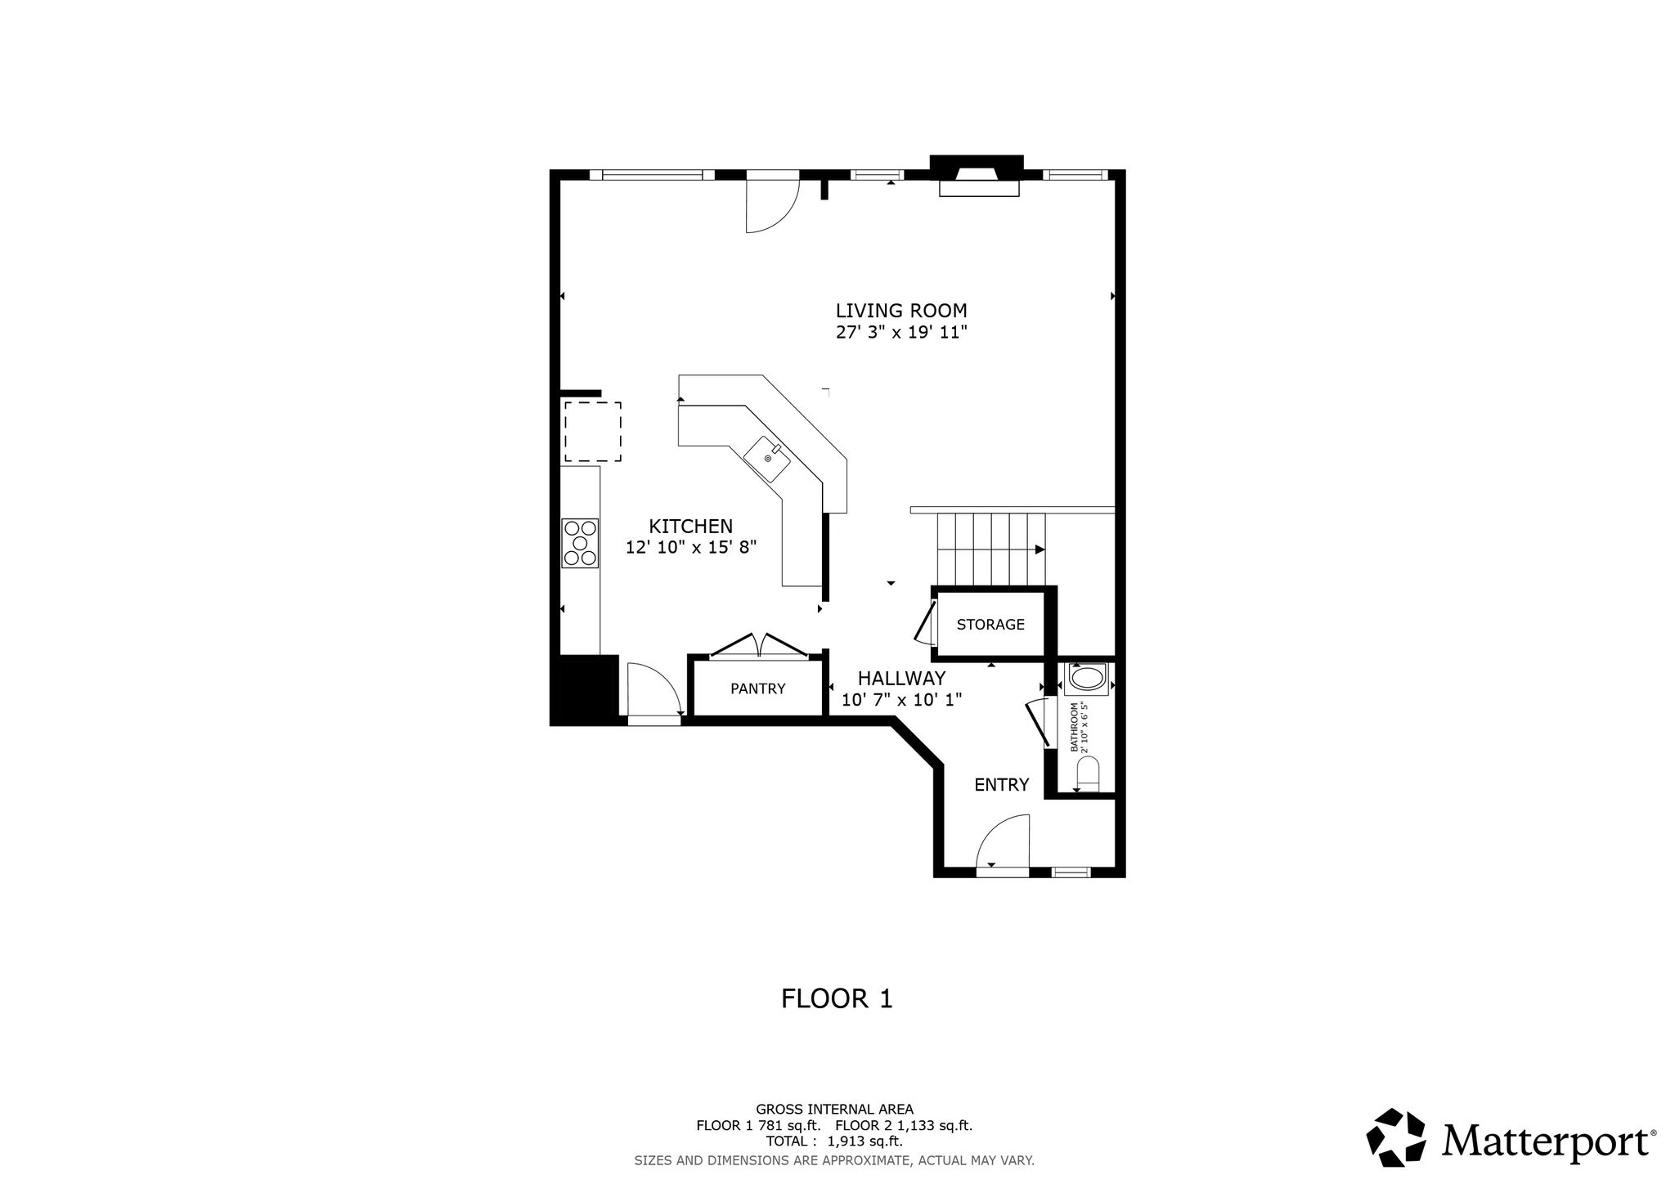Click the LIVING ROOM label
click(901, 311)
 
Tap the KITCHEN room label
click(691, 527)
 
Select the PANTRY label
click(757, 688)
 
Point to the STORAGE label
click(990, 625)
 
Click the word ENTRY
click(1001, 785)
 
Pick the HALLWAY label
click(901, 678)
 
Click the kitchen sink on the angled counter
click(767, 459)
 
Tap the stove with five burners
click(580, 543)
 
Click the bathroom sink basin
click(1086, 679)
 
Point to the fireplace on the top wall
click(977, 176)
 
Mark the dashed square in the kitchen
click(592, 431)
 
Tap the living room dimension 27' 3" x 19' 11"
click(901, 332)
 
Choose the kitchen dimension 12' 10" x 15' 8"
click(691, 548)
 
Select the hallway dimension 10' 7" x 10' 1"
click(901, 700)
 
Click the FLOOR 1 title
click(837, 998)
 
